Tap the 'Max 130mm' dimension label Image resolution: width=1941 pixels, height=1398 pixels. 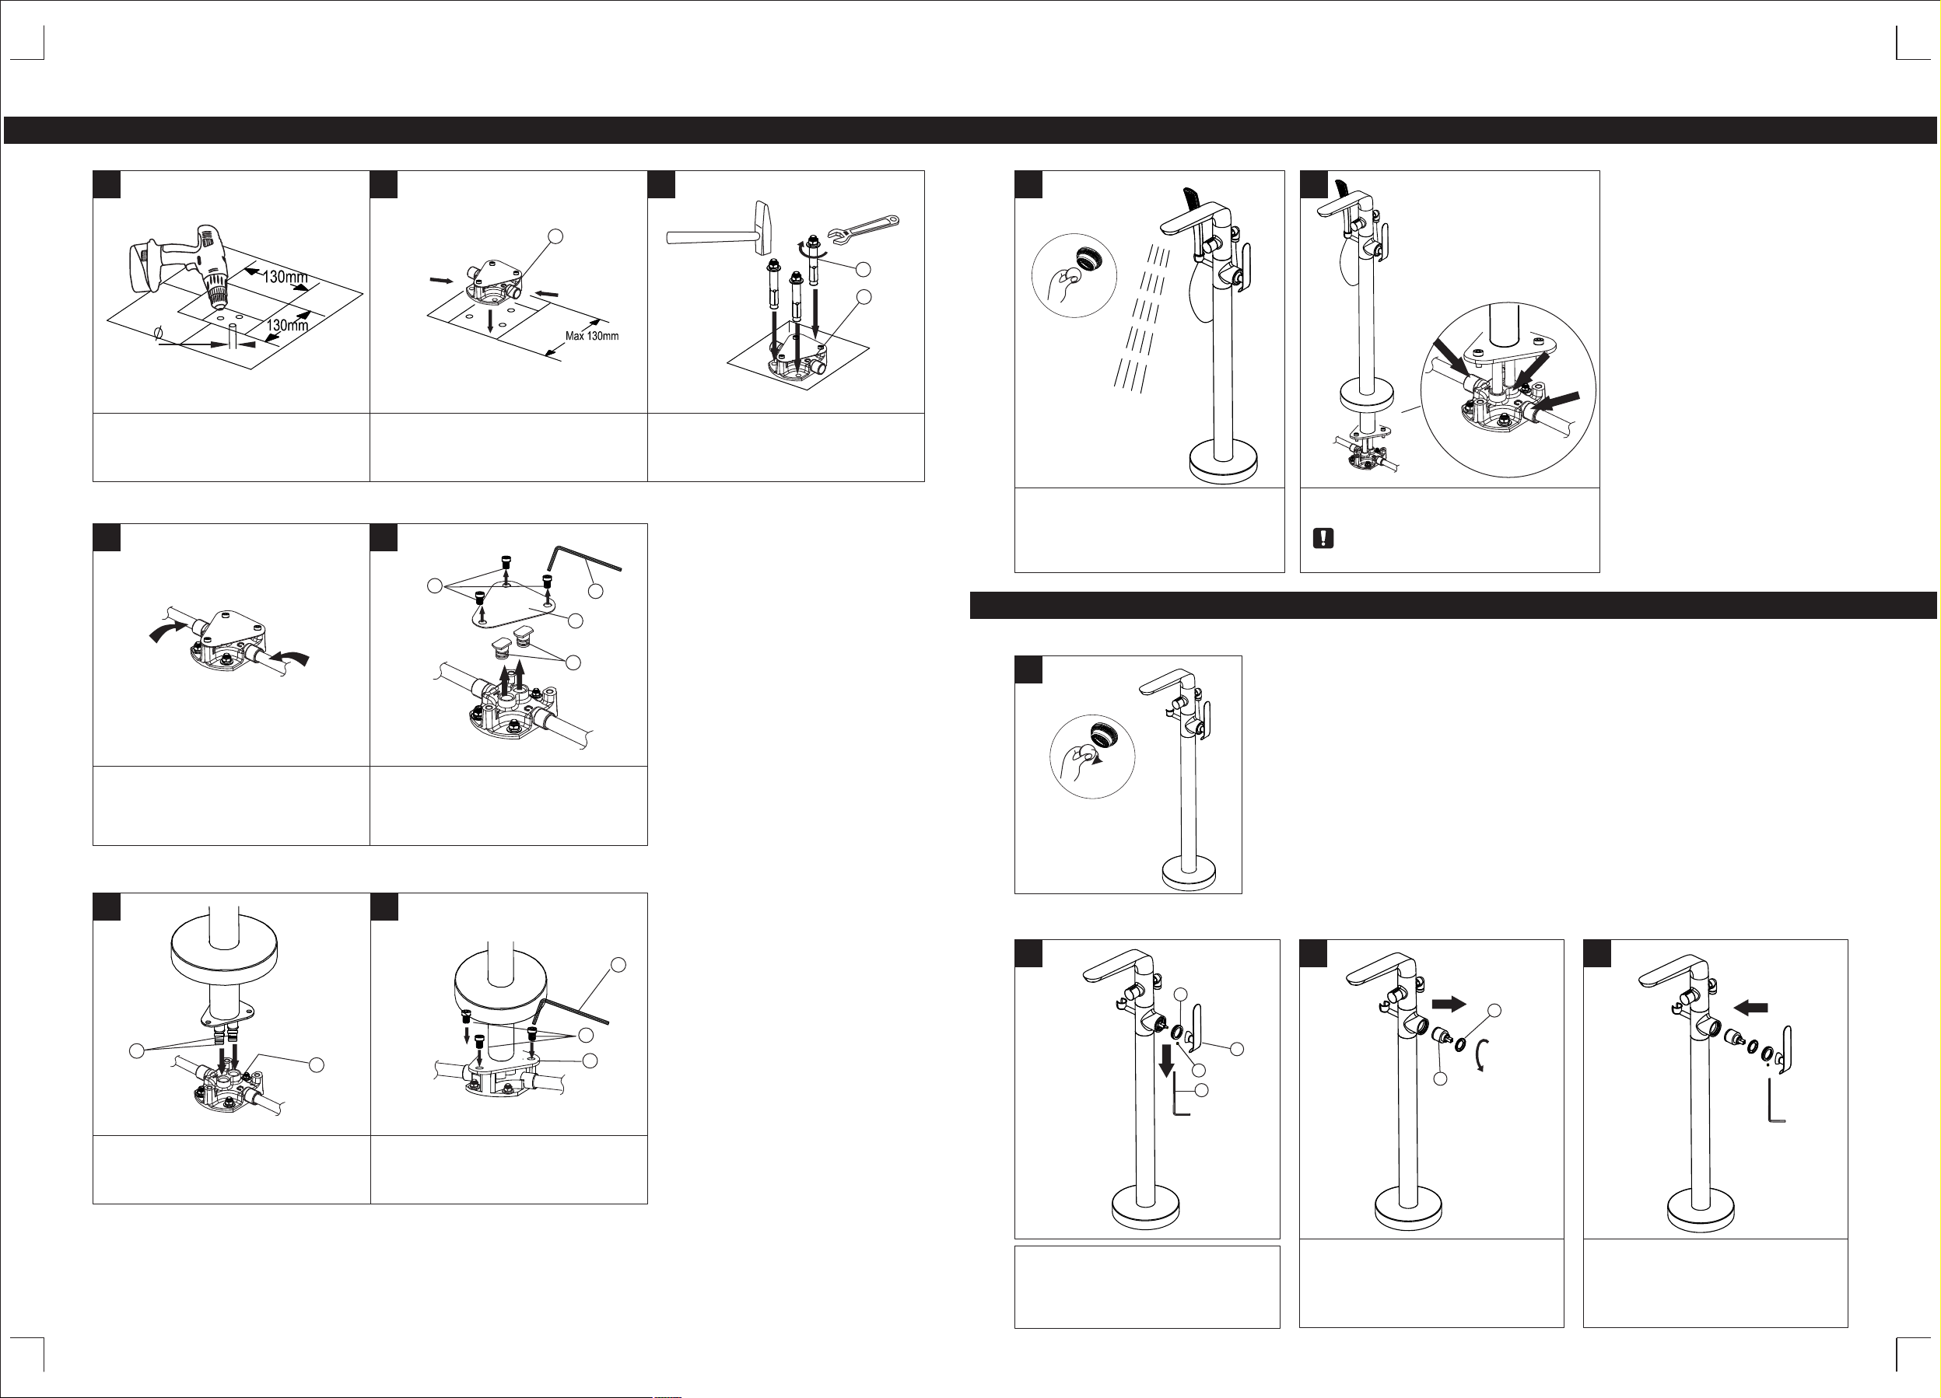click(x=591, y=336)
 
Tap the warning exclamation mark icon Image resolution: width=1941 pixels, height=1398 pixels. click(x=1323, y=538)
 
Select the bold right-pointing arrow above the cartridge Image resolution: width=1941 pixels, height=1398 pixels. click(x=1449, y=1004)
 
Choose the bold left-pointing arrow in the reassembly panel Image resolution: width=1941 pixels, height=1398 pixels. click(x=1750, y=1007)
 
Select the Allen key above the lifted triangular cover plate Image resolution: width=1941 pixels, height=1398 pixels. click(x=584, y=557)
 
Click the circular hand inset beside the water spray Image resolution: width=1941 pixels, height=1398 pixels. click(x=1075, y=274)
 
